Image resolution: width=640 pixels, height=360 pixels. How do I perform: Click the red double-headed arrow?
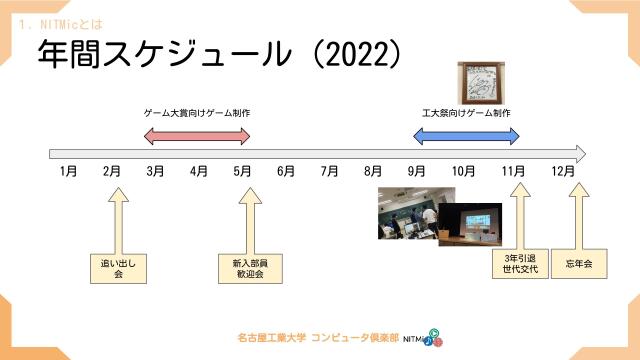197,134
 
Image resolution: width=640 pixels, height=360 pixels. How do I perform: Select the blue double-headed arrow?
467,134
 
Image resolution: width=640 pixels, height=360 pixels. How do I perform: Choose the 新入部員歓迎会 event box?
243,267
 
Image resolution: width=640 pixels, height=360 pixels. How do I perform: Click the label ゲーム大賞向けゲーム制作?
197,113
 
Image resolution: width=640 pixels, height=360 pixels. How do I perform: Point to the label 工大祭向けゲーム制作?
467,113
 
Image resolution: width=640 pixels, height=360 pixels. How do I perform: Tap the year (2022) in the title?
355,55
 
